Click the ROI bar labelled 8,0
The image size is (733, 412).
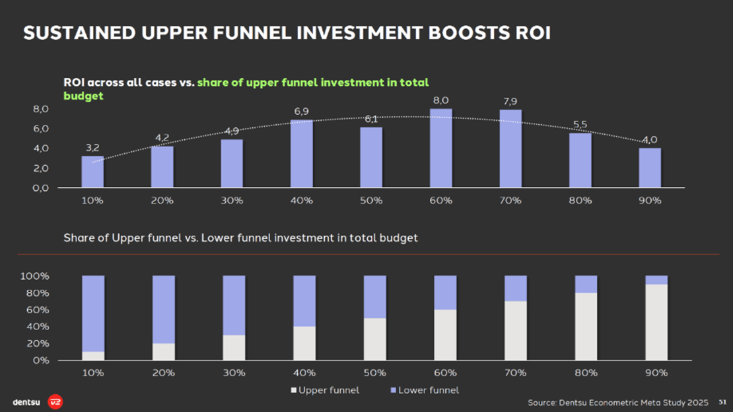pyautogui.click(x=440, y=148)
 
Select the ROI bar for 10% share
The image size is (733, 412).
pyautogui.click(x=92, y=172)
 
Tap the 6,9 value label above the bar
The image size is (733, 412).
pyautogui.click(x=301, y=112)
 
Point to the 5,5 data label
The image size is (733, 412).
pyautogui.click(x=580, y=124)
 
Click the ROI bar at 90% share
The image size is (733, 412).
pyautogui.click(x=650, y=168)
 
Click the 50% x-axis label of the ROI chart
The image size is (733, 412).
pyautogui.click(x=371, y=200)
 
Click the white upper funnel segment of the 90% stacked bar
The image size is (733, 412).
pyautogui.click(x=656, y=322)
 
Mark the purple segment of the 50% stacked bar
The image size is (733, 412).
pyautogui.click(x=374, y=296)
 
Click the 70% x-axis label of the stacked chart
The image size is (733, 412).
pyautogui.click(x=515, y=372)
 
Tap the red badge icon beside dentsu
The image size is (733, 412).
pyautogui.click(x=55, y=401)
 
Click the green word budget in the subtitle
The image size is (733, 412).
pyautogui.click(x=84, y=95)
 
